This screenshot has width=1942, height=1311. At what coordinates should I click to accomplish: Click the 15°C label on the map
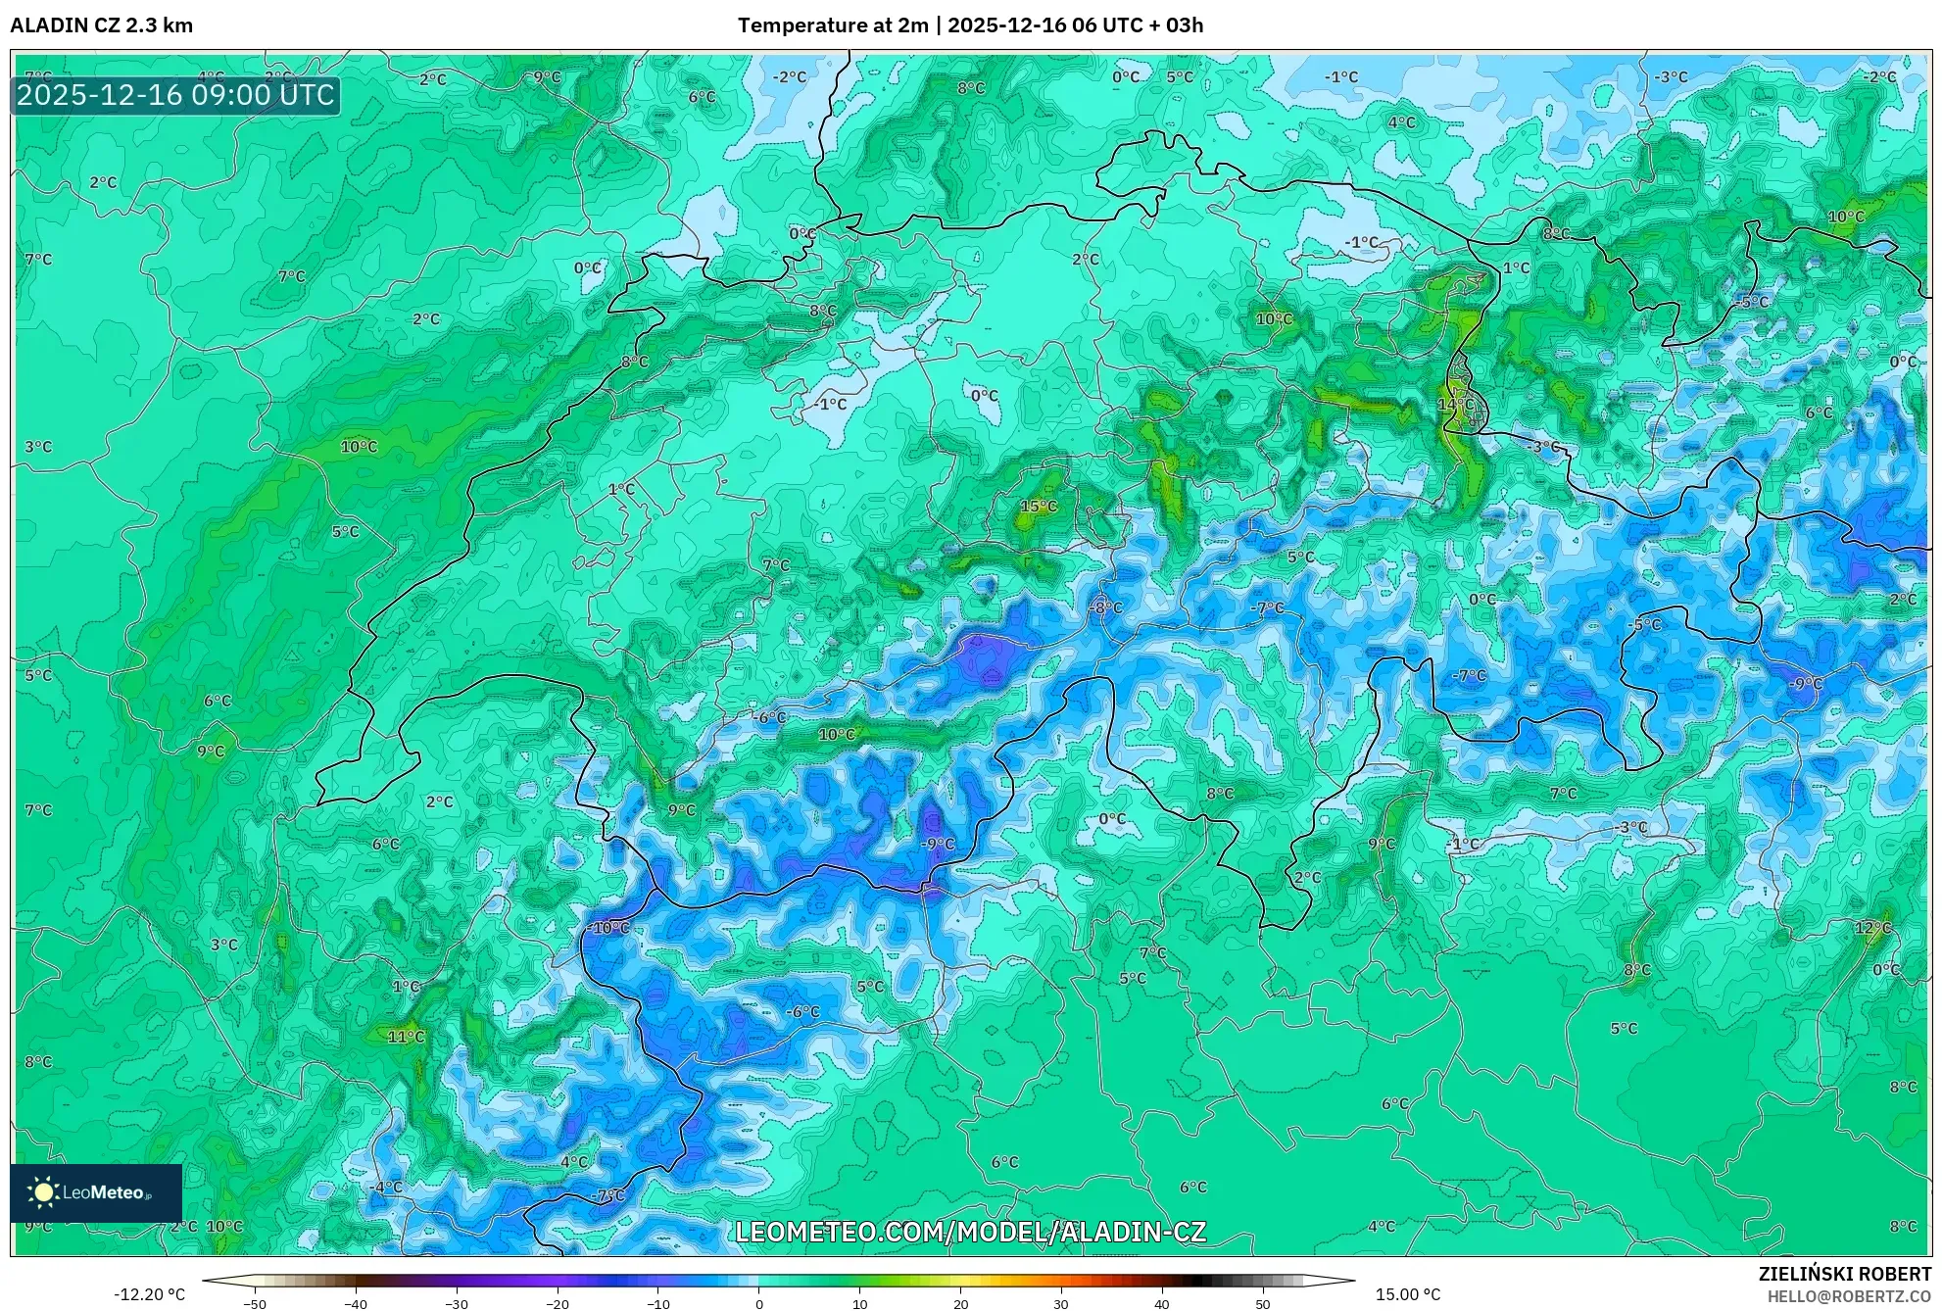(x=1039, y=507)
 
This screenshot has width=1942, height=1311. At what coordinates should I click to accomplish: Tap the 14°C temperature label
(x=1455, y=404)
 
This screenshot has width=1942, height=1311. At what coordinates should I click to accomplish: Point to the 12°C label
(x=1872, y=927)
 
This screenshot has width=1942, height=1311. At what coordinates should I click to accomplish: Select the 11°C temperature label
(x=406, y=1036)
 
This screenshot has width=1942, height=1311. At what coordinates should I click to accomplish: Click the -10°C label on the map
(x=609, y=927)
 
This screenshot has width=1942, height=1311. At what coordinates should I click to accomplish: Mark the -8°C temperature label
(x=1105, y=607)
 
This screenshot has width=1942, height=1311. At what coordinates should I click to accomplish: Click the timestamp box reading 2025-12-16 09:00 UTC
(x=176, y=95)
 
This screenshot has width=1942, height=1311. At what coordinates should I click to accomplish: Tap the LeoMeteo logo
(x=96, y=1192)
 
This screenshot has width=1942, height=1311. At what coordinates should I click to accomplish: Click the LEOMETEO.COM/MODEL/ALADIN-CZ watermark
(x=970, y=1232)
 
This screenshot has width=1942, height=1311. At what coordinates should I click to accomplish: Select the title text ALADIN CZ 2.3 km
(x=102, y=25)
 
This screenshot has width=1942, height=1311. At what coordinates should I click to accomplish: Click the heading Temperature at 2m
(x=832, y=25)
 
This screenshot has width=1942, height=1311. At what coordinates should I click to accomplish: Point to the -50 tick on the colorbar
(x=255, y=1303)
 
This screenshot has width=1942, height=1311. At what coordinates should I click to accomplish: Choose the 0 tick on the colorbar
(x=758, y=1303)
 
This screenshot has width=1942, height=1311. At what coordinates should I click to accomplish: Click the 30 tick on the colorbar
(x=1061, y=1303)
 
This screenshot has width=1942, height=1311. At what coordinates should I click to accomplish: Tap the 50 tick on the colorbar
(x=1263, y=1303)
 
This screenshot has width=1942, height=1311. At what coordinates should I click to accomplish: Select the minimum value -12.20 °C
(x=149, y=1294)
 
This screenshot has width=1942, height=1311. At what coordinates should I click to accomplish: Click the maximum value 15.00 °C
(x=1408, y=1294)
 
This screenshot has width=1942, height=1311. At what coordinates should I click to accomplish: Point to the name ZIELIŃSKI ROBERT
(x=1845, y=1274)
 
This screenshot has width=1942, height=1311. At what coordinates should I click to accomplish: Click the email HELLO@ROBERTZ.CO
(x=1849, y=1296)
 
